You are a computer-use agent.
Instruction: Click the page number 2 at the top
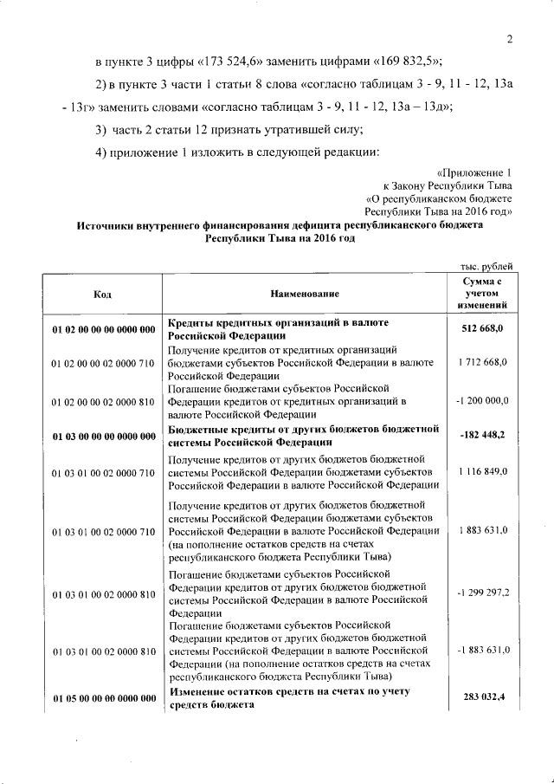(510, 39)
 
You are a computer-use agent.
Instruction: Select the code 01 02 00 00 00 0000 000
(102, 329)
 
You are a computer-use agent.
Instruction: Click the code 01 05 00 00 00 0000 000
(102, 698)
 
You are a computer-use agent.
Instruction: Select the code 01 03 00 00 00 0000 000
(102, 437)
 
